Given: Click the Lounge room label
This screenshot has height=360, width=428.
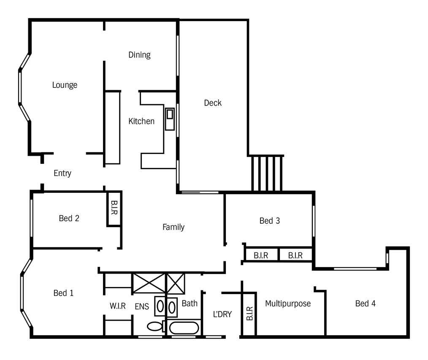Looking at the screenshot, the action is [65, 85].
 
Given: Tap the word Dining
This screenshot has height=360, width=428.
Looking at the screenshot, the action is [139, 55].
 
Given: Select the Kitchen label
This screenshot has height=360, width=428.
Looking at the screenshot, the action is [141, 121].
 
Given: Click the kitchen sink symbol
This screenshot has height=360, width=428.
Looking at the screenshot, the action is [170, 119].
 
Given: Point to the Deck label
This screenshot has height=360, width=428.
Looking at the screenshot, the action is [213, 103].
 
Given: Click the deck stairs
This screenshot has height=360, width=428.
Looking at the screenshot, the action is [267, 173].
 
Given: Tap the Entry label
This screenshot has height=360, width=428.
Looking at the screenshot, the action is [62, 173].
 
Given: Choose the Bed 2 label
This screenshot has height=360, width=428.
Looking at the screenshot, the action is [69, 218].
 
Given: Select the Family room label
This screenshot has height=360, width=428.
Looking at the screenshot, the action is [173, 227].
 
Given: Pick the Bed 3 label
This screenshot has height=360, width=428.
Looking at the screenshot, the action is [270, 221].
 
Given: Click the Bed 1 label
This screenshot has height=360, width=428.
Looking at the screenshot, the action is [64, 293].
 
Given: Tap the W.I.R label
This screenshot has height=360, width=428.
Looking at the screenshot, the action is [118, 306].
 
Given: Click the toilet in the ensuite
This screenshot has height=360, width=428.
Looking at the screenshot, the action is [156, 326].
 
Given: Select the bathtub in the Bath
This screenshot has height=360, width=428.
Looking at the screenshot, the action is [184, 328].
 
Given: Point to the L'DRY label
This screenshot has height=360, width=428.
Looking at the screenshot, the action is [222, 314].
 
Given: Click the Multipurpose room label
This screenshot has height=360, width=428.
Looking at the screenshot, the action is [288, 304].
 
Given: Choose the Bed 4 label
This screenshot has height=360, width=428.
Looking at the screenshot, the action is [366, 303].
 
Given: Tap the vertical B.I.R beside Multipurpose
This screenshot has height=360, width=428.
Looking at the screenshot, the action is [249, 314].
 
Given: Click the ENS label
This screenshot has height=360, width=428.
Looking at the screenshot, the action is [142, 306].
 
